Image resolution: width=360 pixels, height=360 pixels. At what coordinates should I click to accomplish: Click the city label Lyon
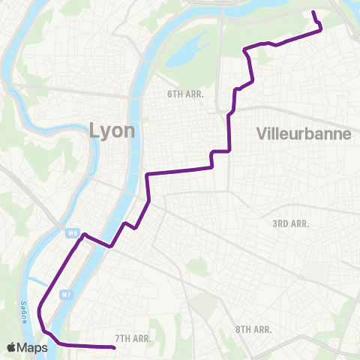(x=112, y=130)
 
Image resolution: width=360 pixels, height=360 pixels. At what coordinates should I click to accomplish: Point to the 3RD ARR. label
(x=290, y=223)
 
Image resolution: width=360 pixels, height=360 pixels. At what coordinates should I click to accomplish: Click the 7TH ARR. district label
(x=134, y=338)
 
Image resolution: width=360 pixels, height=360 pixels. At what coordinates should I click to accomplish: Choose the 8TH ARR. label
(x=253, y=329)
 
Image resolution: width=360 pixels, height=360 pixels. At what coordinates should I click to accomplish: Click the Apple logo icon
(x=11, y=346)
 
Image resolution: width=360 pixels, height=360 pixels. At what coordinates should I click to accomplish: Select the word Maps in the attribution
(x=33, y=346)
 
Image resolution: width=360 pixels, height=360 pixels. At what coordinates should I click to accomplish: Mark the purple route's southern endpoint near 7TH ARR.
(x=113, y=348)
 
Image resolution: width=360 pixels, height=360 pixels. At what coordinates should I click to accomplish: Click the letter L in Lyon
(x=94, y=130)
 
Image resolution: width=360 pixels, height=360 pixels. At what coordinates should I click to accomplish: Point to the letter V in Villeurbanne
(x=261, y=133)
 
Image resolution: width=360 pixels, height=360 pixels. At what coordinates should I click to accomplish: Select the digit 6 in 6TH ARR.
(x=170, y=94)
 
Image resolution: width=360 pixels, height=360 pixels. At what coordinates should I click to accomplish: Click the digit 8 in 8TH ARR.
(x=238, y=329)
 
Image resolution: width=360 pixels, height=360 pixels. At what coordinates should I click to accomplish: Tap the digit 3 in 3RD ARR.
(x=275, y=223)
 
